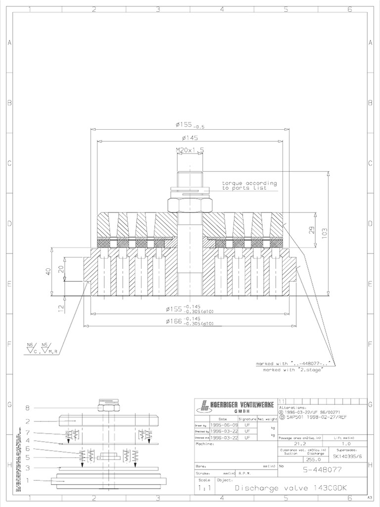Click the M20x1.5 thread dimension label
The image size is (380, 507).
click(x=190, y=149)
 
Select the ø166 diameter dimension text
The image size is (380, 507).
click(x=190, y=322)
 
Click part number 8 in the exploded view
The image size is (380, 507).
click(x=28, y=408)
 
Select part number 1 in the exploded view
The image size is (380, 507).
click(x=28, y=480)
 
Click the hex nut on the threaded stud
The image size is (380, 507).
click(x=190, y=204)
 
